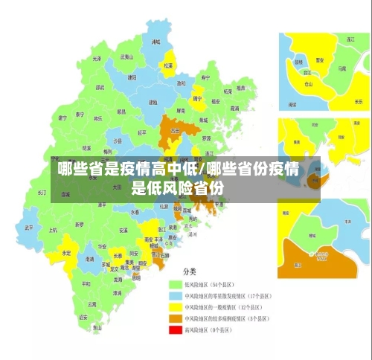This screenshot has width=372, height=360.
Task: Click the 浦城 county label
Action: (155, 43)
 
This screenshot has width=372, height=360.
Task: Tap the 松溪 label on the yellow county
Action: (168, 65)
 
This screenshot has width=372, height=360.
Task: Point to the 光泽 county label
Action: (96, 59)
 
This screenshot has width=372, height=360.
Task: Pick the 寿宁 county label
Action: (205, 77)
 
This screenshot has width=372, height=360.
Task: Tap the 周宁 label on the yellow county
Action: (197, 98)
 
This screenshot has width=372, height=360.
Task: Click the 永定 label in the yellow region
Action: (67, 253)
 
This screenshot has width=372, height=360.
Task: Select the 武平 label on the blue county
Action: (29, 227)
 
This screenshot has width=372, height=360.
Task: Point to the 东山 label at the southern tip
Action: (97, 327)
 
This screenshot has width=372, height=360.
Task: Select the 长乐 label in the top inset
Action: (359, 101)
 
